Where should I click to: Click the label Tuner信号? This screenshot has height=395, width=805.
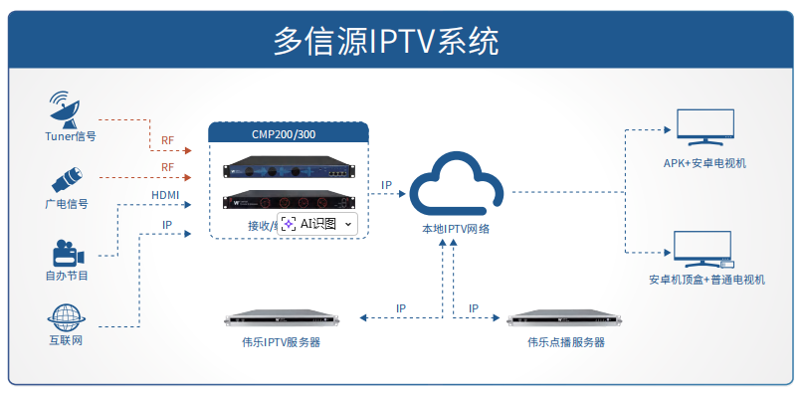pos(70,136)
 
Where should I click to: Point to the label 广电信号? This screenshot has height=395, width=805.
pos(67,204)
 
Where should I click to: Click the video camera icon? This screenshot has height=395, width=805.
pos(67,250)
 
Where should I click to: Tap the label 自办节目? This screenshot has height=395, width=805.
pos(67,276)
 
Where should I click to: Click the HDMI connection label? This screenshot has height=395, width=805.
pos(166,194)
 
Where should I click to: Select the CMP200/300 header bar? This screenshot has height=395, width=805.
pos(289,133)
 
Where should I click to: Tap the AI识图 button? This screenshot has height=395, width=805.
pos(317,225)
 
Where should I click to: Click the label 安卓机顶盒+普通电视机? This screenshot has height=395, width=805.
pos(706,280)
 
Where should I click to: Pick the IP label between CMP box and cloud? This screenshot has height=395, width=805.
pos(387,185)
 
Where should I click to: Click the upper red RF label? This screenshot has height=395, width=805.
pos(167,139)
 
